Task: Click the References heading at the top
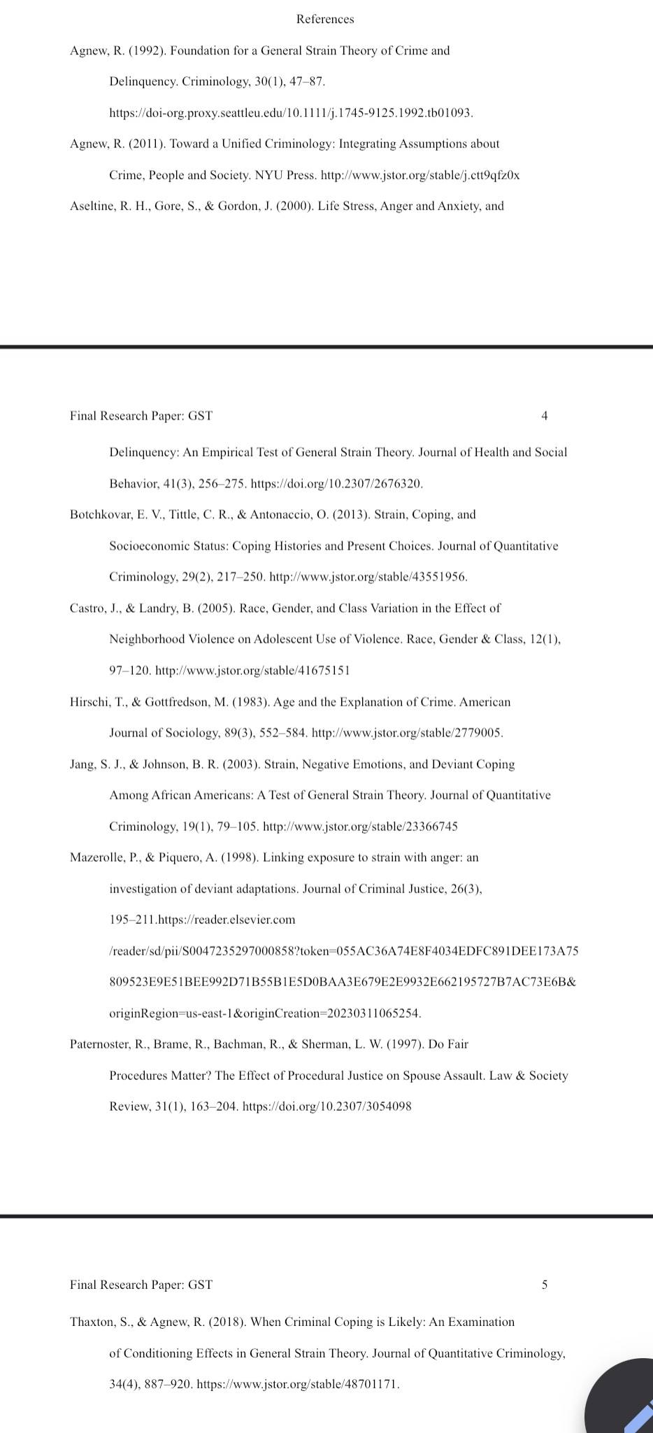pos(325,20)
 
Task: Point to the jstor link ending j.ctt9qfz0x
pos(419,175)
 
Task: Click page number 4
pos(545,416)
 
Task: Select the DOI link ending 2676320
pos(336,483)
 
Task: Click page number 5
pos(545,1285)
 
